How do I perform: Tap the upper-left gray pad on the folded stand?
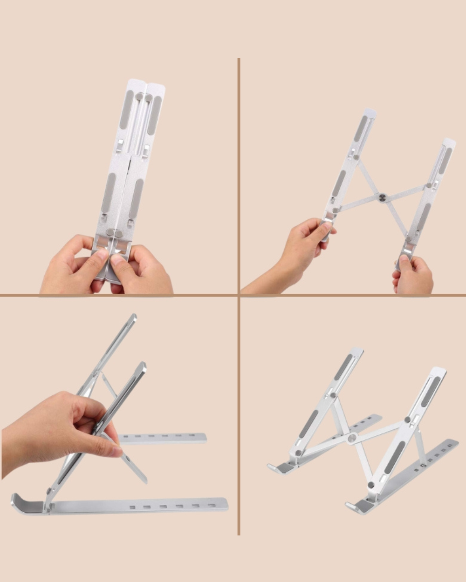(126, 110)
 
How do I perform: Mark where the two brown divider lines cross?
(239, 295)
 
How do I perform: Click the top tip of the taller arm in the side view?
(134, 316)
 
